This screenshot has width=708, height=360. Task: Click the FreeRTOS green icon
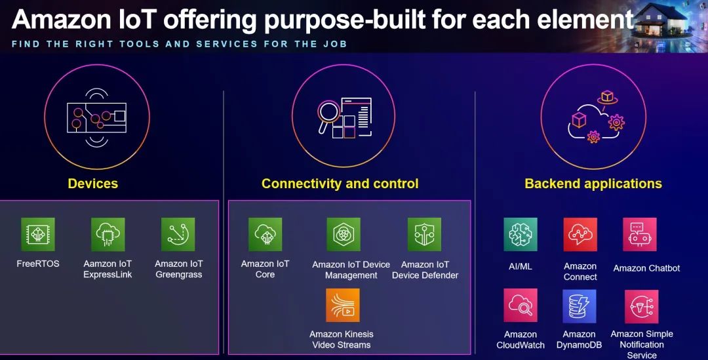click(38, 235)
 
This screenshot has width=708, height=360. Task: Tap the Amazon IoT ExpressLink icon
click(108, 235)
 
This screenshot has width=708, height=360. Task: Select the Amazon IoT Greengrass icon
click(178, 235)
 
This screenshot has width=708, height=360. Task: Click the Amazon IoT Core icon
click(265, 235)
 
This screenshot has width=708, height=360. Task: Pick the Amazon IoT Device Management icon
click(344, 235)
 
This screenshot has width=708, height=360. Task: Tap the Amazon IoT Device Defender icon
click(424, 235)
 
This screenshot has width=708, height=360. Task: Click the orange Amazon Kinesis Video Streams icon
click(343, 306)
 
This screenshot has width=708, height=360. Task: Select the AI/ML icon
click(521, 235)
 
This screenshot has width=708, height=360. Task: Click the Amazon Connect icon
click(580, 235)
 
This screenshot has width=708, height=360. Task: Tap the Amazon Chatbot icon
click(640, 235)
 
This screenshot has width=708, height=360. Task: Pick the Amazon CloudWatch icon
click(521, 306)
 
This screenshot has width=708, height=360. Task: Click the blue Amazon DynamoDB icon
click(580, 306)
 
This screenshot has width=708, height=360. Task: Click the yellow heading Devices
click(93, 184)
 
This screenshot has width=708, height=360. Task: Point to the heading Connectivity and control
click(340, 184)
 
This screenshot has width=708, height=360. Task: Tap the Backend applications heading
click(593, 184)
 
